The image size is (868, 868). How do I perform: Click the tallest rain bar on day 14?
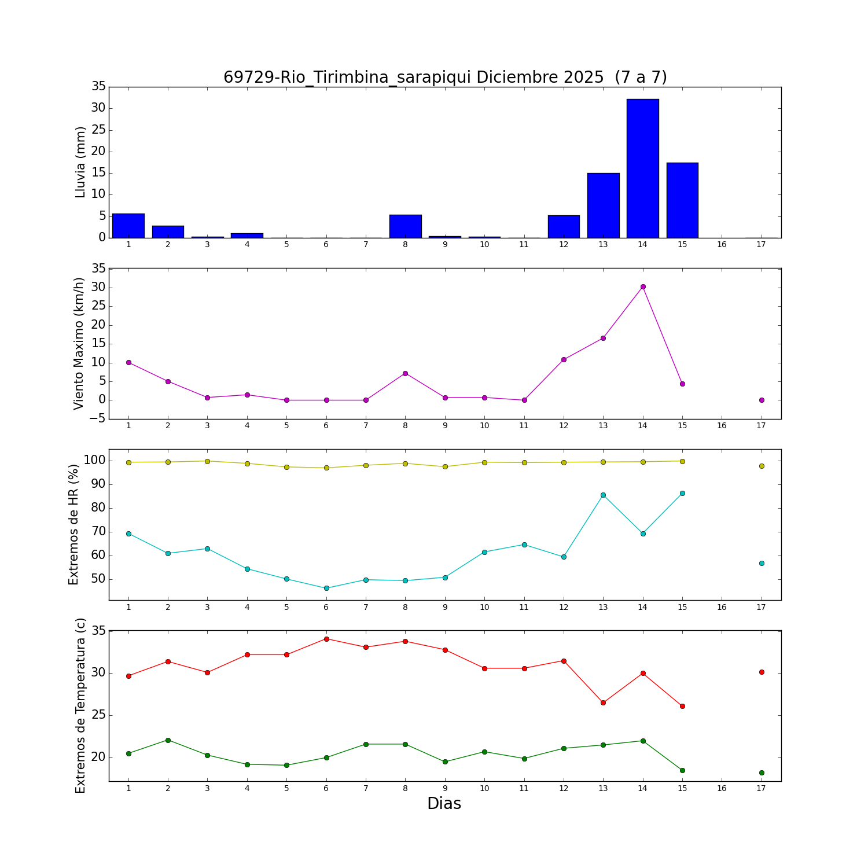pyautogui.click(x=642, y=168)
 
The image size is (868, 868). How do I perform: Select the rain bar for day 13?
pyautogui.click(x=603, y=205)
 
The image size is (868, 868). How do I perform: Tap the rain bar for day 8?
pyautogui.click(x=405, y=226)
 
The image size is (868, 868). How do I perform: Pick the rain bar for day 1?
pyautogui.click(x=128, y=226)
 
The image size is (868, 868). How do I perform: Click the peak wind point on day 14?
pyautogui.click(x=643, y=286)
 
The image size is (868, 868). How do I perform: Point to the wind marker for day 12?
pyautogui.click(x=564, y=359)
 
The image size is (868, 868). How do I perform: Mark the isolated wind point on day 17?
pyautogui.click(x=762, y=400)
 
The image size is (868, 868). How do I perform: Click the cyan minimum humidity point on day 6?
pyautogui.click(x=326, y=588)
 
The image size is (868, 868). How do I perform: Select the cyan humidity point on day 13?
pyautogui.click(x=603, y=495)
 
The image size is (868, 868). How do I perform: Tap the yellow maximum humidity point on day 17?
pyautogui.click(x=762, y=466)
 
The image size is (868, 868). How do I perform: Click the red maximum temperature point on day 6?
pyautogui.click(x=326, y=639)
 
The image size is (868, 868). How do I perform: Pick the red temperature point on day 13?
pyautogui.click(x=603, y=703)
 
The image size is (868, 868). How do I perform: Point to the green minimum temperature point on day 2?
pyautogui.click(x=168, y=740)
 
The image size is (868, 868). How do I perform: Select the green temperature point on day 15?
pyautogui.click(x=682, y=770)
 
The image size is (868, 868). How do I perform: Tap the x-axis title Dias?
pyautogui.click(x=444, y=803)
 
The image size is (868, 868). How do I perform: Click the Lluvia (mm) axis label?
pyautogui.click(x=80, y=162)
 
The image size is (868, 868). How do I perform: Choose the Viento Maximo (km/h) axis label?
pyautogui.click(x=79, y=343)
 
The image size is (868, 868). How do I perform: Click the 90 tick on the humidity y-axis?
pyautogui.click(x=98, y=484)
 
